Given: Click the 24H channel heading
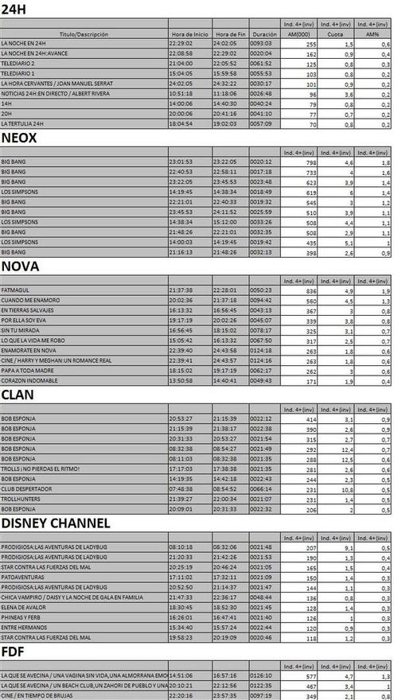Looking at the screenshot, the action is tap(17, 9).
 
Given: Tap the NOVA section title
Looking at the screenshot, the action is tap(21, 266).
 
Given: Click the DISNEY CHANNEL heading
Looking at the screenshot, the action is tap(55, 523).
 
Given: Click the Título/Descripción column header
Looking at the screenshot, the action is tap(83, 34).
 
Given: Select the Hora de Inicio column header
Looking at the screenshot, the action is tap(189, 34).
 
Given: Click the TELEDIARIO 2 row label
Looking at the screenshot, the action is tap(18, 62).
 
